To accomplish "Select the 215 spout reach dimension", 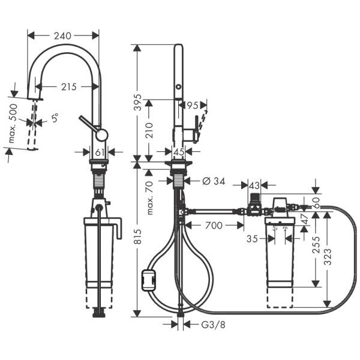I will pyautogui.click(x=68, y=87).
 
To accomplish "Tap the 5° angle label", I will pyautogui.click(x=55, y=119).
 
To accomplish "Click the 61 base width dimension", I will pyautogui.click(x=100, y=151).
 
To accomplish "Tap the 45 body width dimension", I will pyautogui.click(x=179, y=151).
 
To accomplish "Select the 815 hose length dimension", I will pyautogui.click(x=137, y=237).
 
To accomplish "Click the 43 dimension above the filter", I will pyautogui.click(x=254, y=186).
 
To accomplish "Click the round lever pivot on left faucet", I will pyautogui.click(x=102, y=134).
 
